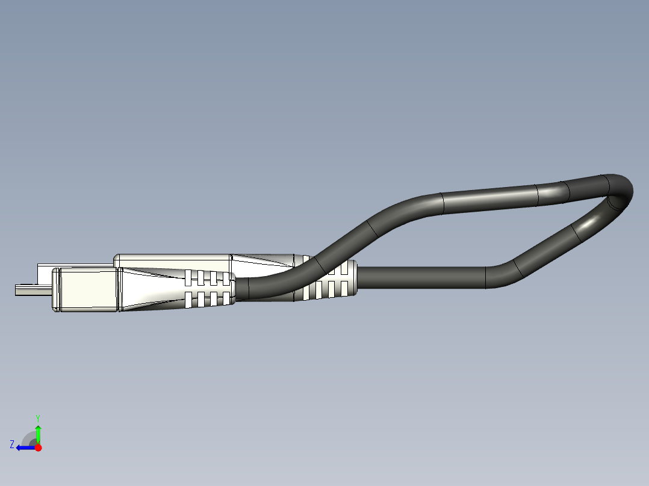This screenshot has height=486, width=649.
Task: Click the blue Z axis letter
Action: click(12, 444)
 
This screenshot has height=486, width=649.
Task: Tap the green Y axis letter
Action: click(37, 417)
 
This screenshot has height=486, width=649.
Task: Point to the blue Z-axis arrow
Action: click(25, 448)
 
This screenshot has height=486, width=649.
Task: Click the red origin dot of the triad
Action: click(38, 448)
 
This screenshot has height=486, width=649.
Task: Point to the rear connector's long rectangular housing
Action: click(175, 260)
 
